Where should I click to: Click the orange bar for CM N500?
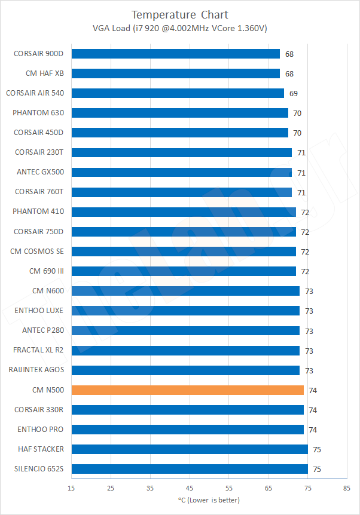click(187, 390)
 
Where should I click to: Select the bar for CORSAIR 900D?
click(175, 54)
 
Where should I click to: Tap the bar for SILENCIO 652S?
click(190, 469)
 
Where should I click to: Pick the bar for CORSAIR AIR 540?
click(178, 93)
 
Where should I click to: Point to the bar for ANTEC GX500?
click(181, 172)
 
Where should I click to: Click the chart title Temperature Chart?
click(180, 14)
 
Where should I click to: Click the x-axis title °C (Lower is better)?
click(209, 499)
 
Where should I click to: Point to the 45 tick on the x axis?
click(189, 488)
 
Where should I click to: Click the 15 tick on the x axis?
click(71, 488)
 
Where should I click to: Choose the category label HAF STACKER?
click(41, 449)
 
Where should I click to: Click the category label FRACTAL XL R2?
click(38, 350)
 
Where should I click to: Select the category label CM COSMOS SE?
click(36, 252)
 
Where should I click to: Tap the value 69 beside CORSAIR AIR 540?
click(293, 93)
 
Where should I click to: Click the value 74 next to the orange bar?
click(313, 390)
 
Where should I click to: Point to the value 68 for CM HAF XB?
click(289, 73)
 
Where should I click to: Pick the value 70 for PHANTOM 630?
click(297, 113)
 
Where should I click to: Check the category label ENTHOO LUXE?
click(39, 311)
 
